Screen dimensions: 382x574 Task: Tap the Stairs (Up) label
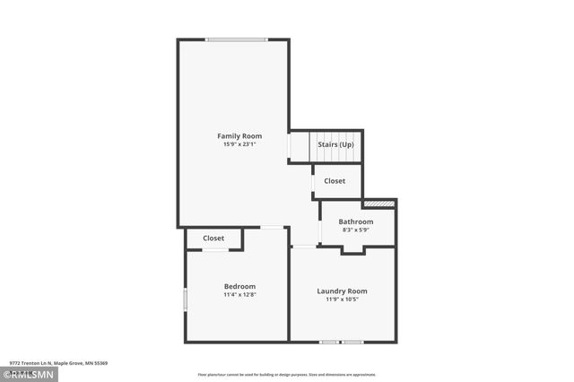point(335,143)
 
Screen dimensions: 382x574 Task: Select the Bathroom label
point(355,221)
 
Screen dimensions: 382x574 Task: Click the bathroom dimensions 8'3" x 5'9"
point(355,230)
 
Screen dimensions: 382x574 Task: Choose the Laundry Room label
point(342,291)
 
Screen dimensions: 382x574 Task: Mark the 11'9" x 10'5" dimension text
point(342,299)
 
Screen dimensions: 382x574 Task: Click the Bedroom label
point(239,286)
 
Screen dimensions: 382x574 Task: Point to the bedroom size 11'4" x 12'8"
point(239,294)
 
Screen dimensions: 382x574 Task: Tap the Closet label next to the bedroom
point(213,239)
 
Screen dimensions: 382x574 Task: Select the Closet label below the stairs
point(335,181)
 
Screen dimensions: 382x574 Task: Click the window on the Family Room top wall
point(236,39)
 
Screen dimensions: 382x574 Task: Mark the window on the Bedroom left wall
point(186,299)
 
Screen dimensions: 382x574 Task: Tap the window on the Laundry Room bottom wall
point(342,342)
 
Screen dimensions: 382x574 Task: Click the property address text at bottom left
point(58,363)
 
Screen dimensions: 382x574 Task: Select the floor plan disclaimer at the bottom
point(286,375)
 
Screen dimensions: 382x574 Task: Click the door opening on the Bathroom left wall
point(320,231)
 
